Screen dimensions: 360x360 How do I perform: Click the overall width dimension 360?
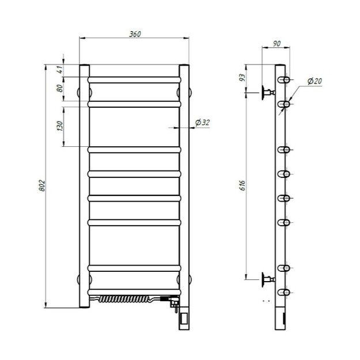click(x=135, y=34)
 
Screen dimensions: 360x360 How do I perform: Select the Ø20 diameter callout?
click(x=314, y=81)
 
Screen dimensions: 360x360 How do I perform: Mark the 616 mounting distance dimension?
click(x=242, y=184)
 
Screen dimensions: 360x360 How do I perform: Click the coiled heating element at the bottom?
click(x=124, y=299)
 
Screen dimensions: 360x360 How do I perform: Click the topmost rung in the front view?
click(x=134, y=79)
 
